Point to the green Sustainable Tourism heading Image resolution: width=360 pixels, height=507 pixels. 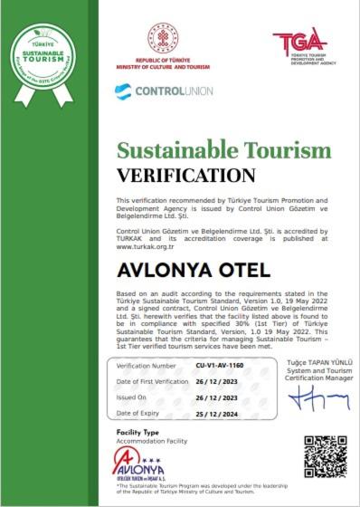(224, 150)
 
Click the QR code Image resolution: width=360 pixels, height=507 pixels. (323, 457)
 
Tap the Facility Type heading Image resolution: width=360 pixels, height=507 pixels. (137, 434)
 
